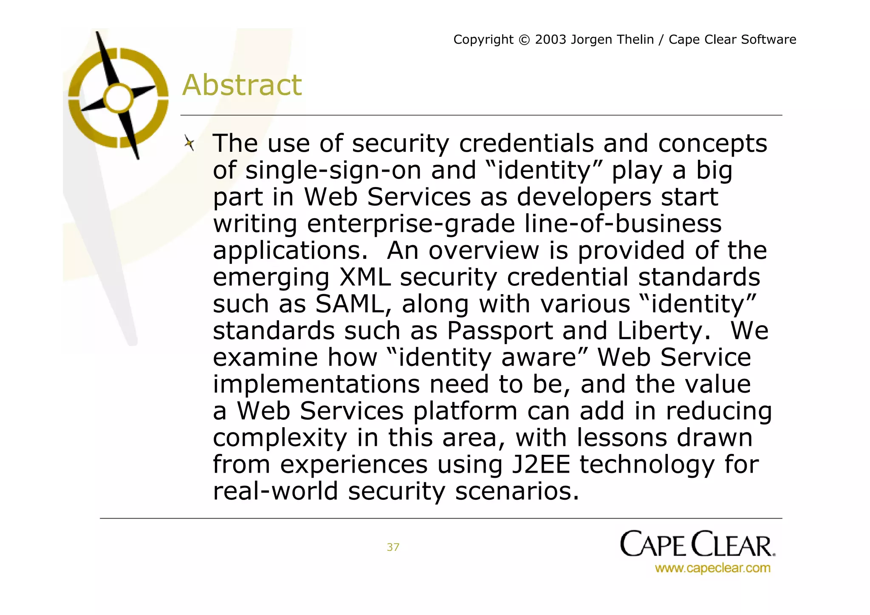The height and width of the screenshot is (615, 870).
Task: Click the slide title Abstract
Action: [x=242, y=85]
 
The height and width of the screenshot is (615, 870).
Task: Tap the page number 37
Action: [x=393, y=547]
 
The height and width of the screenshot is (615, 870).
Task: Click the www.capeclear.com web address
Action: [x=712, y=568]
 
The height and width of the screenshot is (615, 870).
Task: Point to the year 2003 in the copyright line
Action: [x=551, y=40]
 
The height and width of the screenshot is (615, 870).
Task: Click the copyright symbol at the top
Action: [x=525, y=40]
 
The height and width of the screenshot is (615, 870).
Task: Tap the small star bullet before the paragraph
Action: [x=189, y=143]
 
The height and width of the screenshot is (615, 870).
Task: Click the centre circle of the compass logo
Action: [x=118, y=99]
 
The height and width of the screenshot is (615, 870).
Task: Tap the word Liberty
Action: [x=664, y=331]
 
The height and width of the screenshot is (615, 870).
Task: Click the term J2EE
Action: [x=540, y=465]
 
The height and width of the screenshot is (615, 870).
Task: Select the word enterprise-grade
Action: [x=411, y=224]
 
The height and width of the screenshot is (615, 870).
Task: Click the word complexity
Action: [x=280, y=438]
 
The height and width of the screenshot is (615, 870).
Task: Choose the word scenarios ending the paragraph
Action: [x=517, y=491]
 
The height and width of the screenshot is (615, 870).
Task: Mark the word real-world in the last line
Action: [x=275, y=491]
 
